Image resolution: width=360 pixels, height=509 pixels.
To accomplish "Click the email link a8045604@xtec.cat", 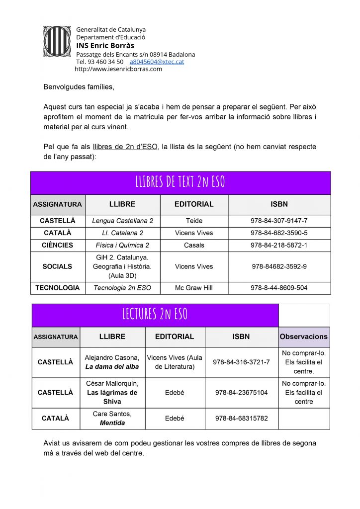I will point(157,62).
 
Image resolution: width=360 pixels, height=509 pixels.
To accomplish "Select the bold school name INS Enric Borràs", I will point(105,46).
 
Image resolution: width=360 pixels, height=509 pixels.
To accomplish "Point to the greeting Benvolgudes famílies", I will point(79,87).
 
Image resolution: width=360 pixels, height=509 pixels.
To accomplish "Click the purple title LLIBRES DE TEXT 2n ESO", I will point(180,182).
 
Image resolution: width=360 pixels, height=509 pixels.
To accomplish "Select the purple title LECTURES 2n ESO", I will point(155,314).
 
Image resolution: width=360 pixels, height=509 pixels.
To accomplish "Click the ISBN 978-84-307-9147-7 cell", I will point(279,221).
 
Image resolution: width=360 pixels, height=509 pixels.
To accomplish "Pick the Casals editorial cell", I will point(194,245).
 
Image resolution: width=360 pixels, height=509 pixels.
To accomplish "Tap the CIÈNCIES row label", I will point(57,245).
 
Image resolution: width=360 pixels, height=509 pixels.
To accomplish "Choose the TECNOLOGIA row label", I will point(57,288).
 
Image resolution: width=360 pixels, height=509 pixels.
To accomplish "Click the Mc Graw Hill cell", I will point(194,288).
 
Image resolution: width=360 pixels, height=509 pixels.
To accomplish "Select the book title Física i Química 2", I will point(122,245).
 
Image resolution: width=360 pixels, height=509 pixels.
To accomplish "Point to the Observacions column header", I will point(304,337).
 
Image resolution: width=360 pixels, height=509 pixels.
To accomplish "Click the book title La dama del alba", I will point(112,367).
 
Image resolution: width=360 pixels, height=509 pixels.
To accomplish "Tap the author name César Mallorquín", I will point(112,383).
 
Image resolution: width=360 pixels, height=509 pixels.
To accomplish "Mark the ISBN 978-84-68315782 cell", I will point(241,419).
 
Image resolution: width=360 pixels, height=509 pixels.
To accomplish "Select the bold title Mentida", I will point(112,423).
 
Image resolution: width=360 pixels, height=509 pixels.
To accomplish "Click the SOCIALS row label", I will point(57,266).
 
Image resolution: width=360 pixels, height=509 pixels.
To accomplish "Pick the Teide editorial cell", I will point(194,221).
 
